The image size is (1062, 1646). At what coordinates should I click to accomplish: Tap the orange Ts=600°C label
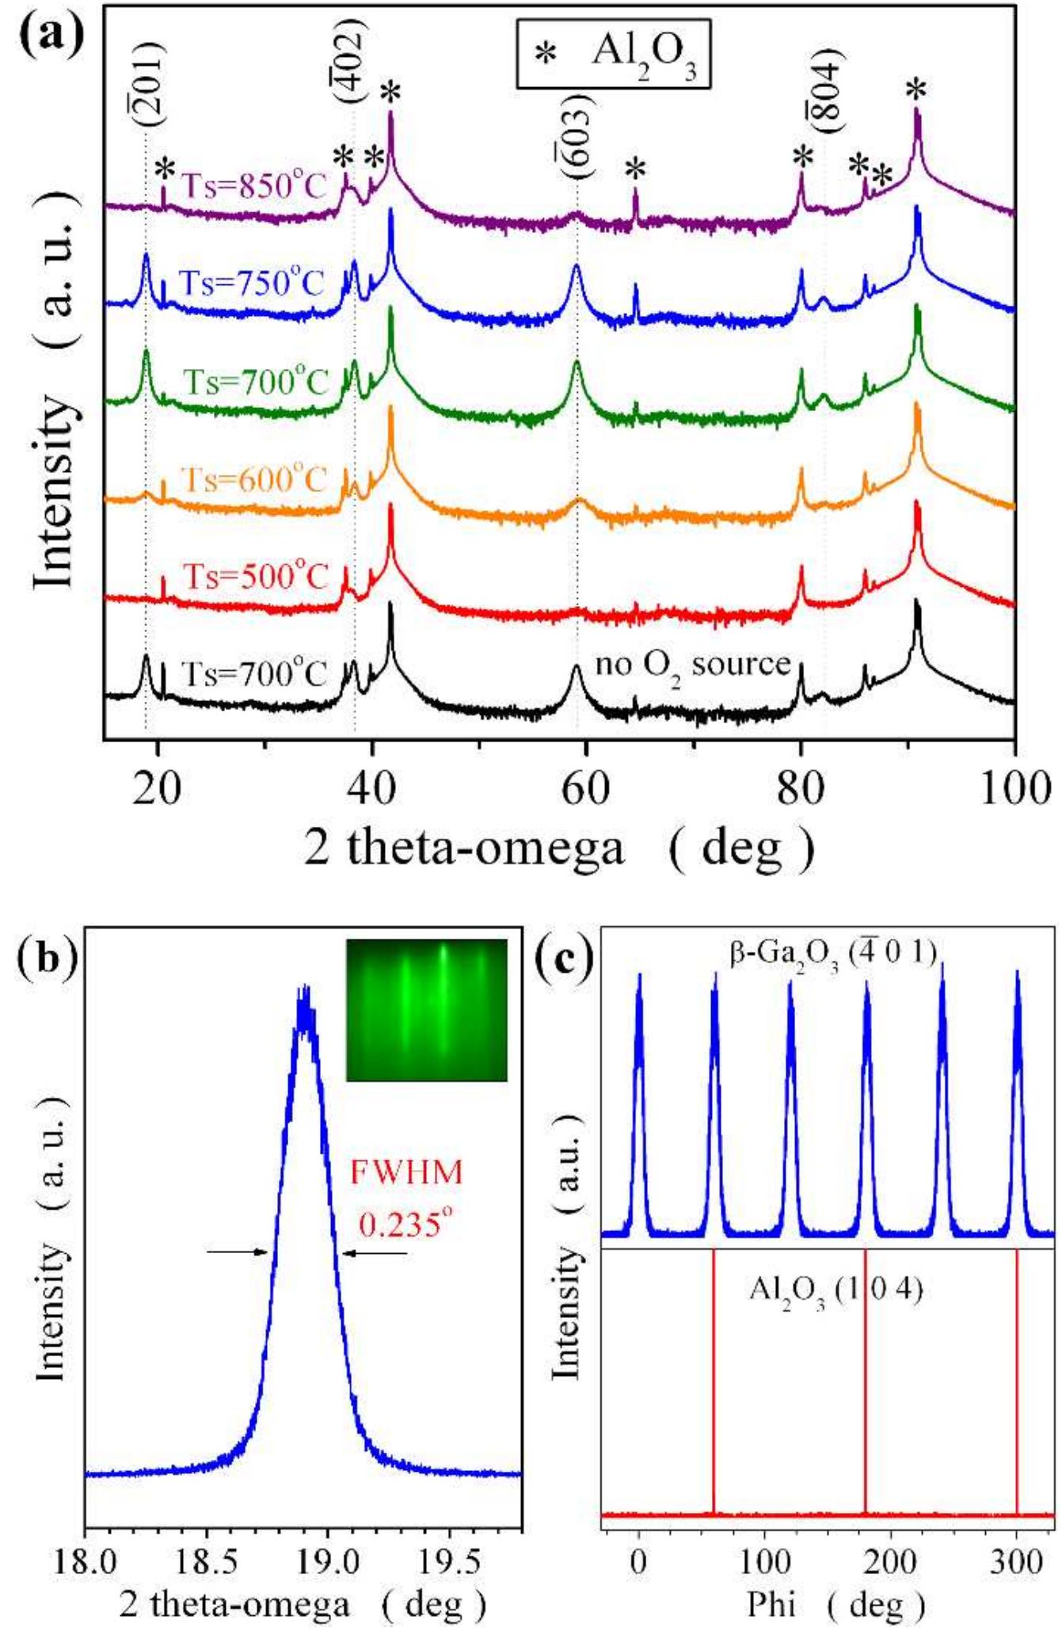(x=253, y=479)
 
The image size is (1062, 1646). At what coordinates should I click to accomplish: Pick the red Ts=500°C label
(x=255, y=576)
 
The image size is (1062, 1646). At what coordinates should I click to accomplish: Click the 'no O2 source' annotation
(x=693, y=665)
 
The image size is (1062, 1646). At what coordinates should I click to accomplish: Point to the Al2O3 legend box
(x=612, y=54)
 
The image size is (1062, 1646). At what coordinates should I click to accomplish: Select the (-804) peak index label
(x=827, y=90)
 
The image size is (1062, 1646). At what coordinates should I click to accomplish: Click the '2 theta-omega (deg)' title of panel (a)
(x=558, y=848)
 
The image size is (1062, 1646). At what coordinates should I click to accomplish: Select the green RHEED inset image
(x=426, y=1010)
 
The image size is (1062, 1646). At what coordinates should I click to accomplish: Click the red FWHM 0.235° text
(x=406, y=1198)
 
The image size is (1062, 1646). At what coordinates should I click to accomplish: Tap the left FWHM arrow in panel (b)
(x=236, y=1252)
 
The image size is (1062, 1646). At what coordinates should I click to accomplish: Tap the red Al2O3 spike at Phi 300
(x=1017, y=1378)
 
